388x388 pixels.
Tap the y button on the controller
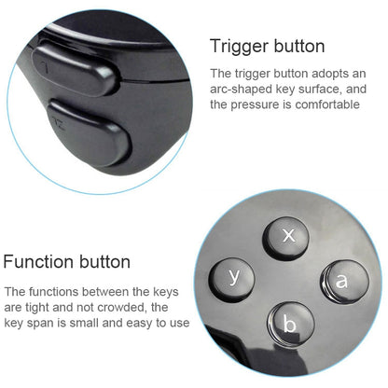(236, 275)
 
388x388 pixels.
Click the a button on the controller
(340, 279)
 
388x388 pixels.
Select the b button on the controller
(289, 325)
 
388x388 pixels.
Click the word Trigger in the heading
(236, 46)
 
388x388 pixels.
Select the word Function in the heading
(43, 262)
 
